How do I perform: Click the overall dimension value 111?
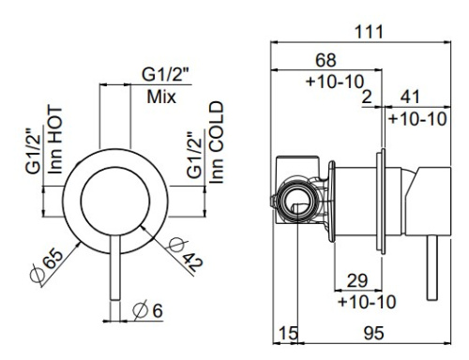tap(369, 31)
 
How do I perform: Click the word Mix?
tap(163, 97)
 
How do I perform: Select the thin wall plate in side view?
tap(382, 199)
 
